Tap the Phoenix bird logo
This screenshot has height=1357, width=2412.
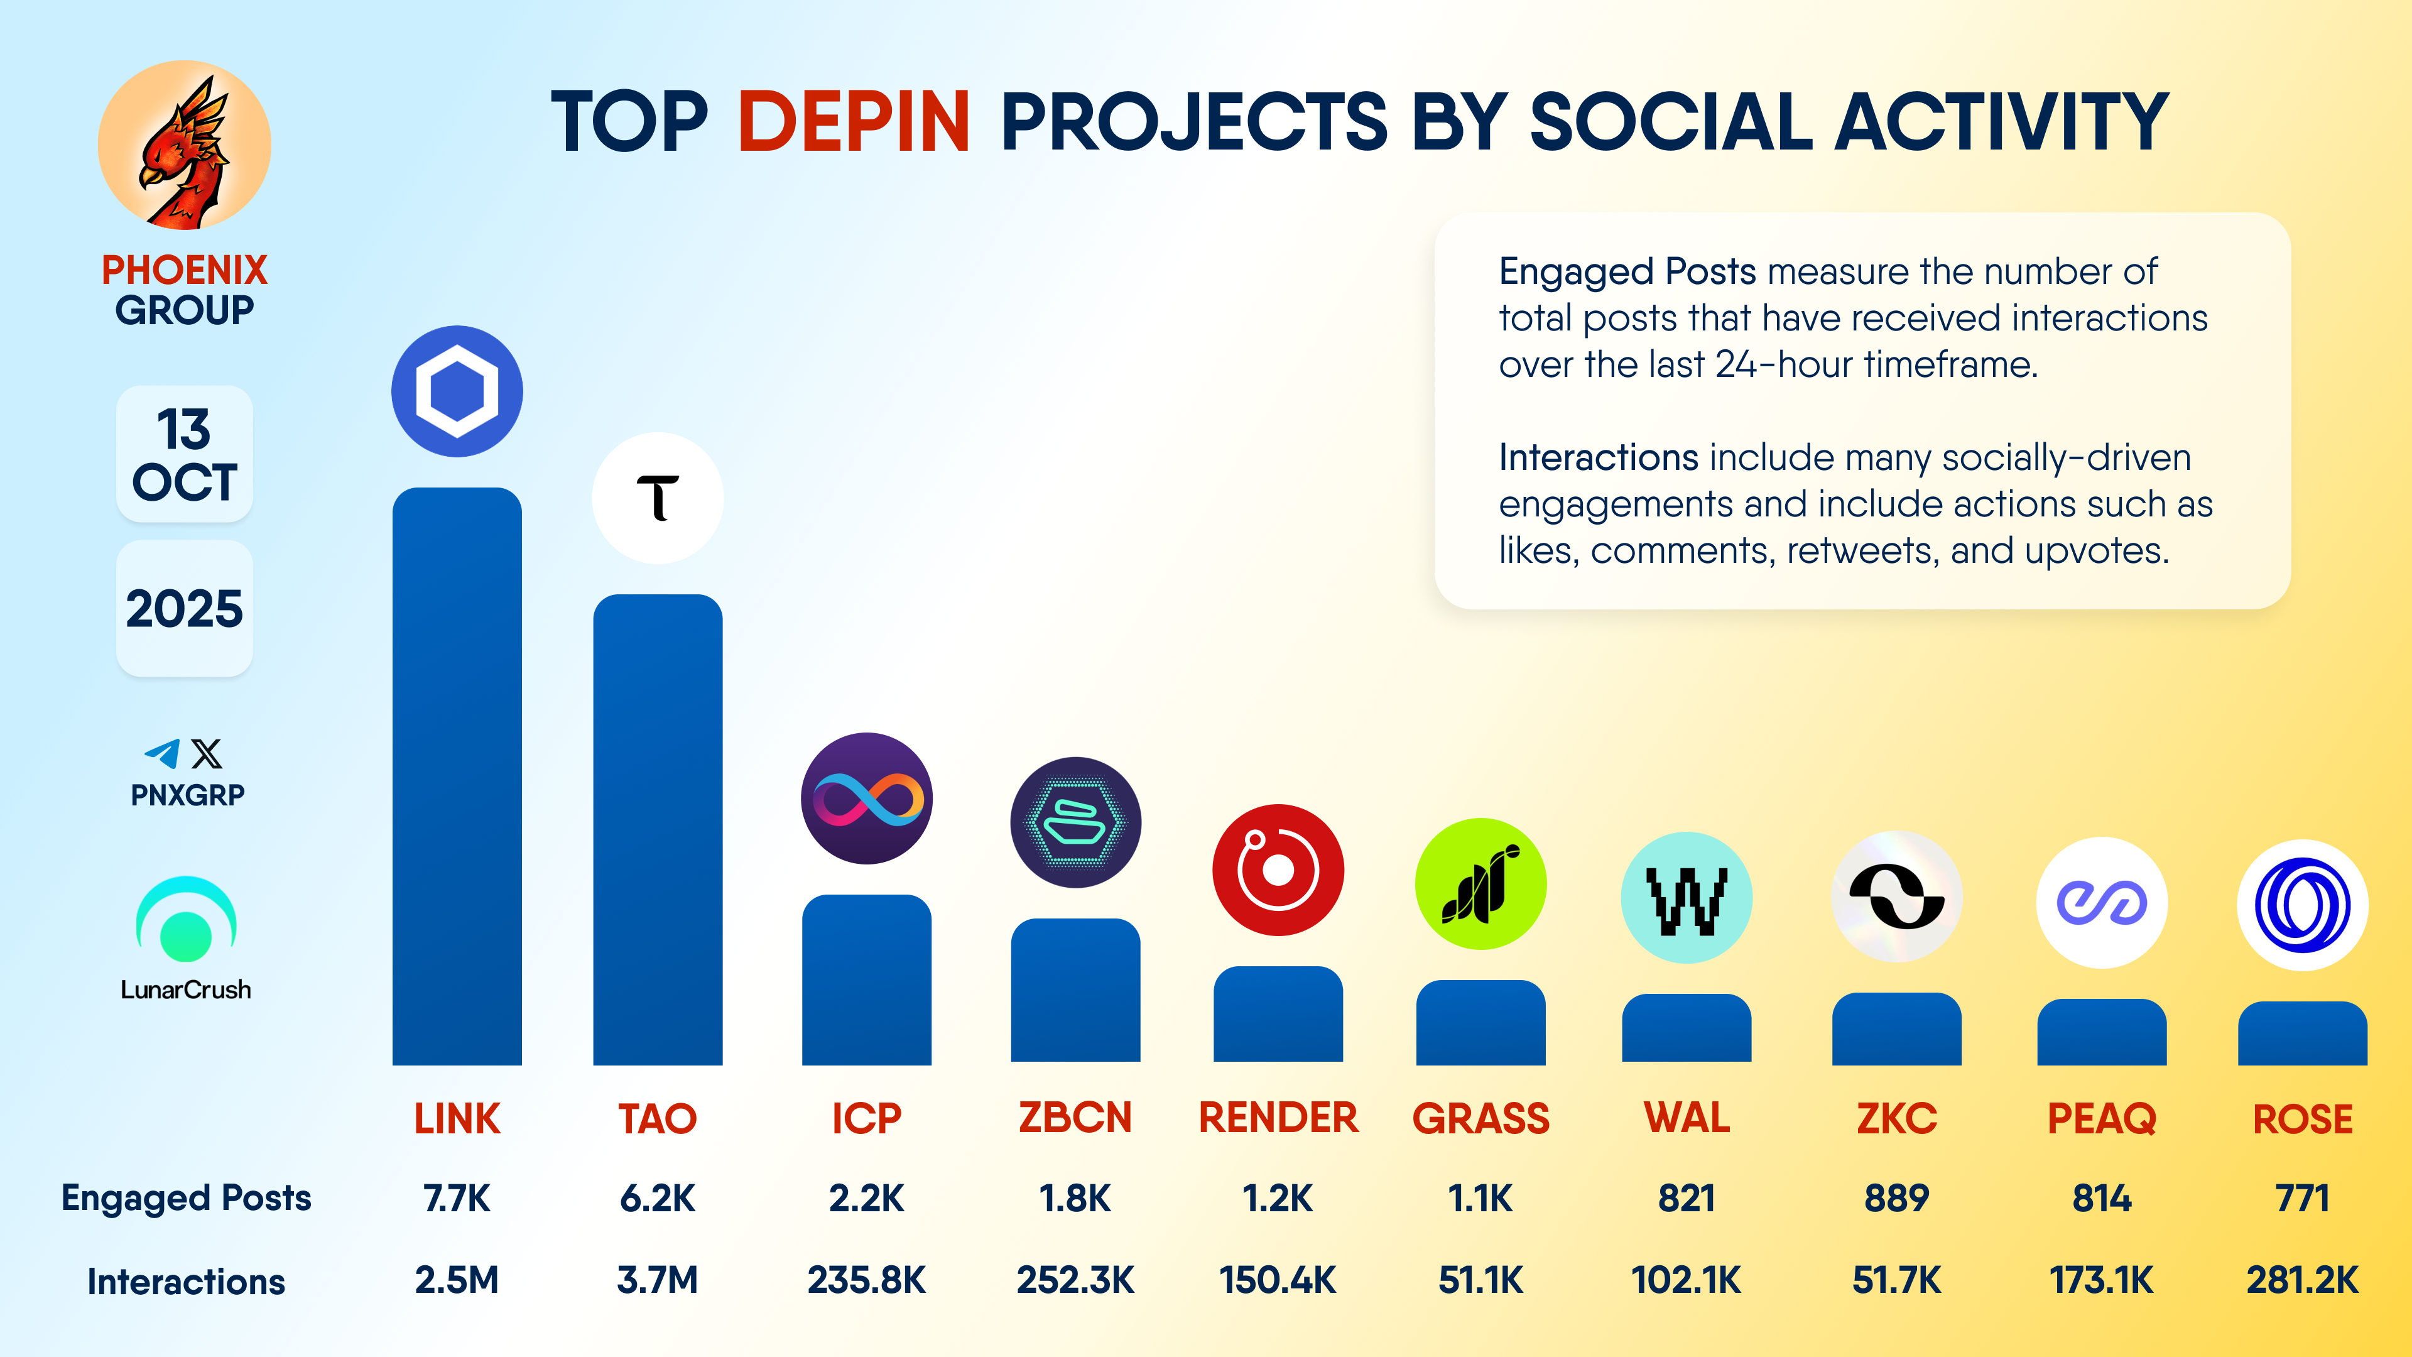[185, 145]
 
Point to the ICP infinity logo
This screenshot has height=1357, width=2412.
[866, 798]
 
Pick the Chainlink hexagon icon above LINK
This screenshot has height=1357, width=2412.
[457, 391]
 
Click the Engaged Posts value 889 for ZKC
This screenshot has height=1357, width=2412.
[1896, 1198]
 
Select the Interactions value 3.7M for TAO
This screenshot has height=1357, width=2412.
[657, 1279]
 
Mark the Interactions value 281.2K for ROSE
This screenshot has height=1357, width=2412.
[2301, 1279]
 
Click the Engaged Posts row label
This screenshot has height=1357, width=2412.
[187, 1198]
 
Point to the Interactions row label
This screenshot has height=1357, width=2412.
[187, 1281]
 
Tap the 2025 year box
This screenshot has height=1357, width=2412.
[185, 609]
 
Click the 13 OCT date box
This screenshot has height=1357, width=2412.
[185, 454]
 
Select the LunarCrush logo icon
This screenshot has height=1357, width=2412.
[187, 920]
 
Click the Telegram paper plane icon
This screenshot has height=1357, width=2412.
[163, 753]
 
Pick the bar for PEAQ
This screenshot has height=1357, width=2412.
[2101, 1032]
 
